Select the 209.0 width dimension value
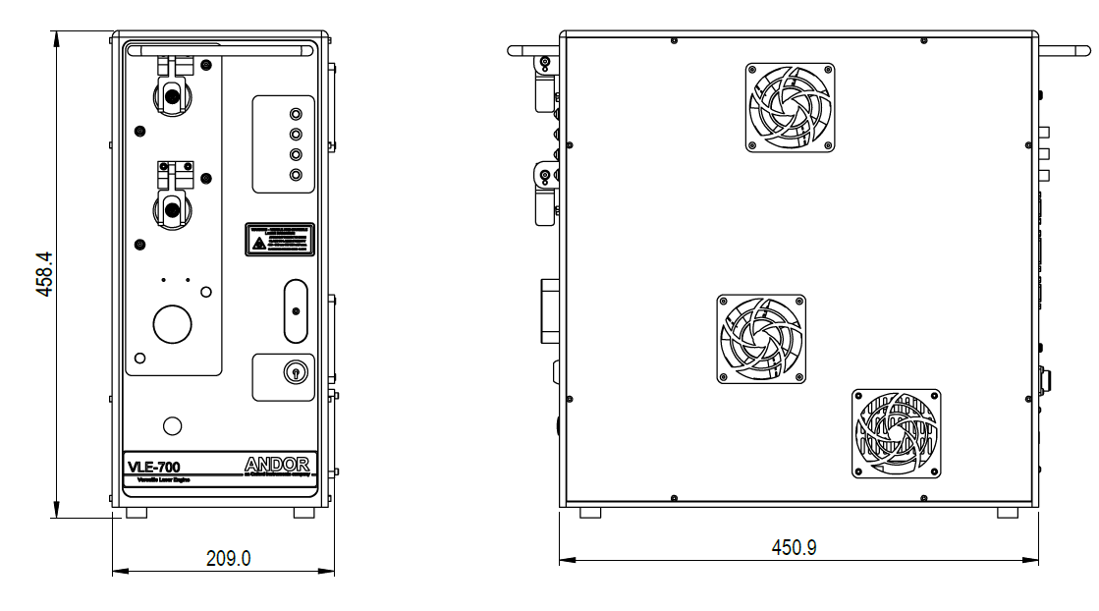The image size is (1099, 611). (x=228, y=558)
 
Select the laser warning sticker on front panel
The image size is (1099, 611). (x=280, y=240)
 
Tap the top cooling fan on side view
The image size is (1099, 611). (x=790, y=108)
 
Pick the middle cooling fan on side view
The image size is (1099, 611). (x=761, y=338)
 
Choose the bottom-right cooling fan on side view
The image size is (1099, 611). (x=896, y=432)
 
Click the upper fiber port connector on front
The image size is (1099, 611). (x=172, y=96)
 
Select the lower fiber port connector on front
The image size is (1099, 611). (x=172, y=207)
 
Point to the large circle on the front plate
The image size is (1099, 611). (x=172, y=323)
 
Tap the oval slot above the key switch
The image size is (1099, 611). (x=294, y=310)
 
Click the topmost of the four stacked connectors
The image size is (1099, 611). (x=296, y=112)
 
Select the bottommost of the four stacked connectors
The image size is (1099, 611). (x=296, y=175)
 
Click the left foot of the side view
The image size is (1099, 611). (x=590, y=513)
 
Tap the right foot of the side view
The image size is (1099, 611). (x=1008, y=513)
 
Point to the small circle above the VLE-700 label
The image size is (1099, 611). (x=172, y=424)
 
